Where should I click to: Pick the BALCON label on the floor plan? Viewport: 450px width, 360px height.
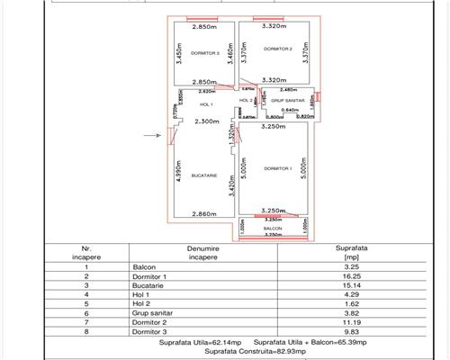click(x=273, y=230)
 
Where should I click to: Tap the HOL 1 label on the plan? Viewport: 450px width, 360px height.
click(x=206, y=105)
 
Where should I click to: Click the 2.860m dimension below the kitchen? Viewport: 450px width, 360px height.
click(x=207, y=213)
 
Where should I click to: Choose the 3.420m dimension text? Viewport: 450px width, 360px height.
click(x=231, y=182)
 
